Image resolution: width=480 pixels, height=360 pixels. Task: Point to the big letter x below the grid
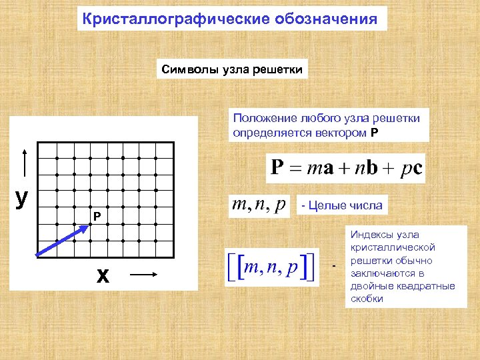point(103,275)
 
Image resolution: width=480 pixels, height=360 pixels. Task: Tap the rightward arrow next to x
point(143,273)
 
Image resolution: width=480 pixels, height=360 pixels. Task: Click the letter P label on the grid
point(97,217)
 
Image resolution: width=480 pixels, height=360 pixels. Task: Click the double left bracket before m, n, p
point(235,267)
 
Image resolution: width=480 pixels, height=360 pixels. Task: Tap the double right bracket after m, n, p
point(310,267)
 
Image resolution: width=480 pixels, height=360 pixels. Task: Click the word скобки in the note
point(367,299)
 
